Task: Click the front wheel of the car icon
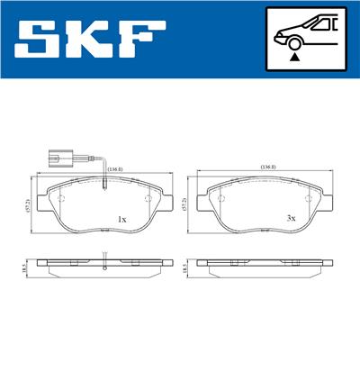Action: click(293, 41)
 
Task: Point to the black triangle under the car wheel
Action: click(293, 57)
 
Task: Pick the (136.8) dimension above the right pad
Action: click(267, 167)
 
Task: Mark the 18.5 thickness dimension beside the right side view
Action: click(186, 268)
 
